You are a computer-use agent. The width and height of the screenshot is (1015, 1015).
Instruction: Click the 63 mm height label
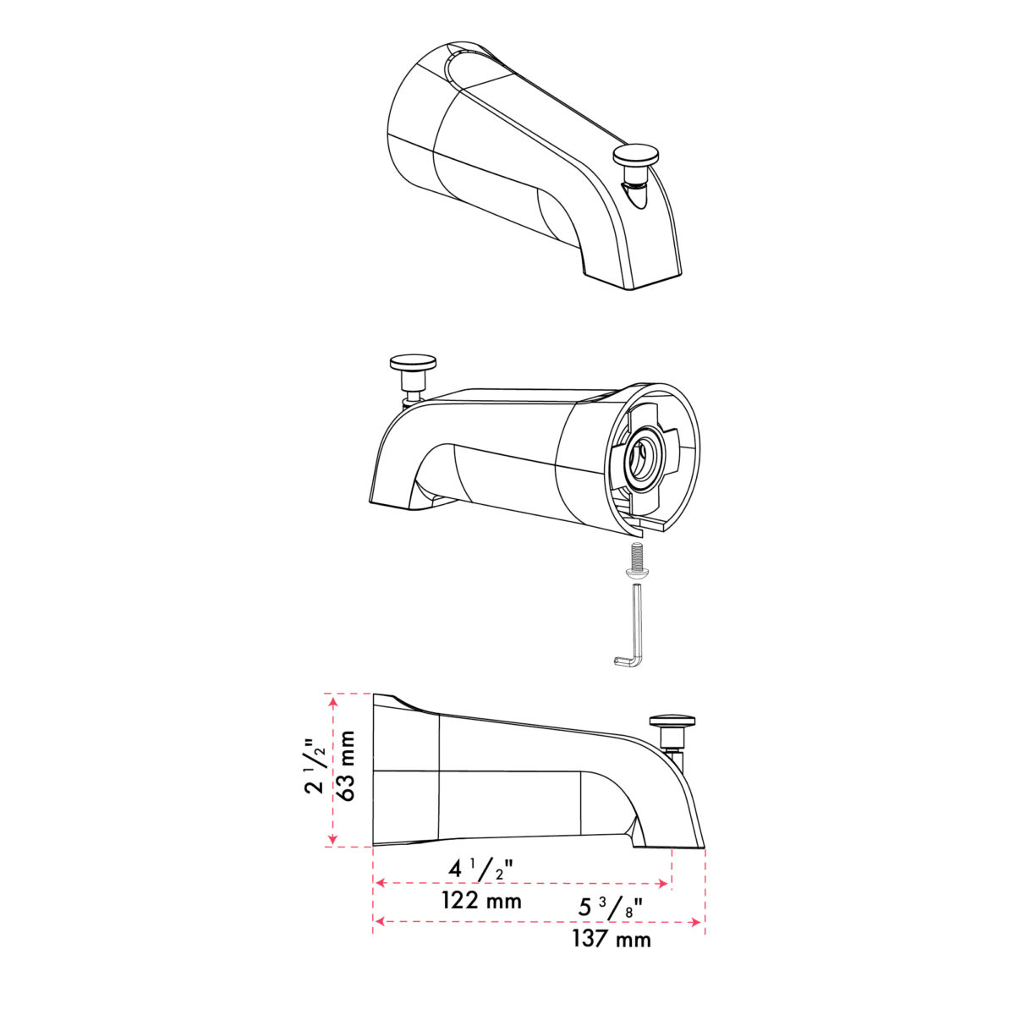(348, 765)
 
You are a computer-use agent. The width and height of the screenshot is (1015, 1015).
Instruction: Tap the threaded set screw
(637, 561)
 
